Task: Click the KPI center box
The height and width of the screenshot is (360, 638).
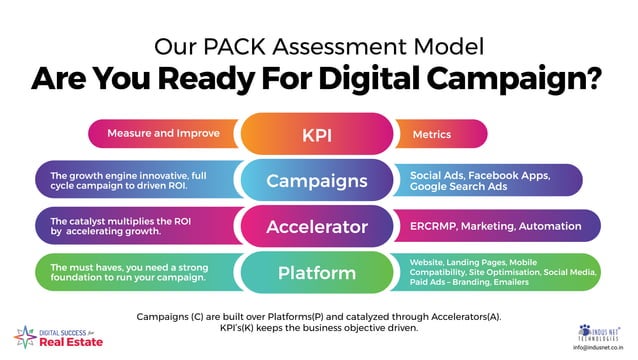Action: tap(318, 134)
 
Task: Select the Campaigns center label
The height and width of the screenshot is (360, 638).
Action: tap(318, 181)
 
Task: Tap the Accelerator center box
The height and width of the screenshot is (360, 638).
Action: tap(318, 227)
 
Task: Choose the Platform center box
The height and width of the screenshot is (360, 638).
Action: tap(318, 272)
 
